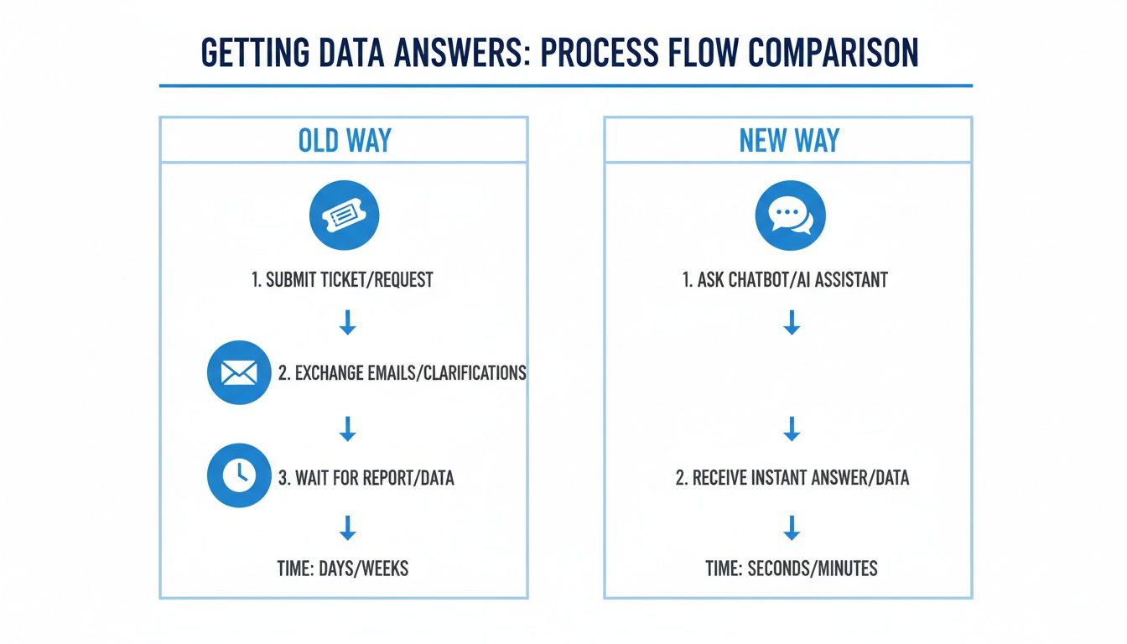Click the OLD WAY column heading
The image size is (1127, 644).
(345, 140)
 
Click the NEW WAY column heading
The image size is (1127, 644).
(788, 140)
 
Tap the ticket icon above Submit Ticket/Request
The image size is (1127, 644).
(345, 216)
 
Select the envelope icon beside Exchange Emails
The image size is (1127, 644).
(239, 373)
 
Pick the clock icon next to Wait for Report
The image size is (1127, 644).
(239, 475)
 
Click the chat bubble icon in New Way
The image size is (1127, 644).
(790, 216)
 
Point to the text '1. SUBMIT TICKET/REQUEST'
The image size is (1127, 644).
(342, 280)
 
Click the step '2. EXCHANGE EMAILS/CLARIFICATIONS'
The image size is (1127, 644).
(402, 373)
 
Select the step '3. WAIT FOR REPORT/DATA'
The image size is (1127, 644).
(366, 479)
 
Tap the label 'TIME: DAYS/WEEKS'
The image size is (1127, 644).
(343, 568)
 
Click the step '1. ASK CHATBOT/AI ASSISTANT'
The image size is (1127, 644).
(785, 280)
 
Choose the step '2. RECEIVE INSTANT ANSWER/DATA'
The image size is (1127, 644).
(792, 478)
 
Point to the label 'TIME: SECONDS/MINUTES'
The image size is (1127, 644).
(792, 568)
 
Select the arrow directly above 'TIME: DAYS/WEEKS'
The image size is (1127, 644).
(347, 527)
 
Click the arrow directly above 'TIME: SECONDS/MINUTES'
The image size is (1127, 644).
(791, 527)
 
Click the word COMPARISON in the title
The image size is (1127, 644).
(833, 53)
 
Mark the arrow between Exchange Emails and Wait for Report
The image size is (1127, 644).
(347, 429)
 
